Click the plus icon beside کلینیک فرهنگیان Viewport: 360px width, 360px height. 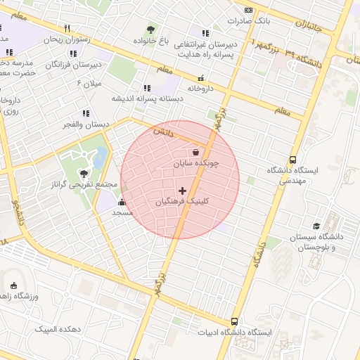coord(183,191)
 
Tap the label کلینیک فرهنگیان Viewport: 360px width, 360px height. coord(182,202)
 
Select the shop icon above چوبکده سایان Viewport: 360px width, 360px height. coord(195,152)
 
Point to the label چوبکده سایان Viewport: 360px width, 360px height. coord(197,163)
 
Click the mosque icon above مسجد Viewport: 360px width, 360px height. coord(122,202)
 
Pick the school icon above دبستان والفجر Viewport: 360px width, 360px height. coord(86,112)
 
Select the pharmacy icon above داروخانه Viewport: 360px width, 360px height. coord(202,78)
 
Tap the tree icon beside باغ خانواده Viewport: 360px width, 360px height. coord(151,30)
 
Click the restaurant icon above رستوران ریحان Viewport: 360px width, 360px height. coord(67,29)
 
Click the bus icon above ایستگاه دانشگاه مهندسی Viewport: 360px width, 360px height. coord(293,160)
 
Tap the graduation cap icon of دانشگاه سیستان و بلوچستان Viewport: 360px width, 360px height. coord(316,226)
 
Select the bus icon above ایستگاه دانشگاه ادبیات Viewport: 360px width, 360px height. coord(234,321)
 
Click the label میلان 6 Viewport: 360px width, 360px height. coord(89,84)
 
